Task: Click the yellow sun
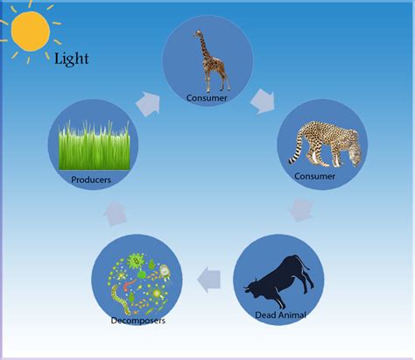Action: click(32, 31)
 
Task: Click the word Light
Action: click(71, 59)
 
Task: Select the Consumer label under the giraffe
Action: click(207, 97)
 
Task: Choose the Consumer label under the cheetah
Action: click(315, 176)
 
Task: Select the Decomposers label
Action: click(137, 321)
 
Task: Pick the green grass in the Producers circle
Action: click(94, 145)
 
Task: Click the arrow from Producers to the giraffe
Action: click(150, 104)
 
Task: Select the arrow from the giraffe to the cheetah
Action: click(263, 102)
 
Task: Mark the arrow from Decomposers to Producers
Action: click(116, 214)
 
